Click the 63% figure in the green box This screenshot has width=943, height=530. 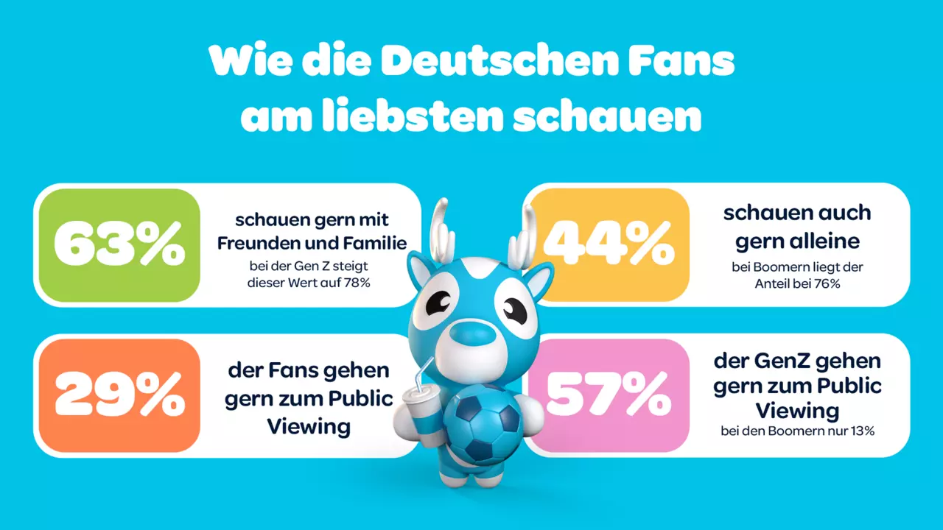click(119, 245)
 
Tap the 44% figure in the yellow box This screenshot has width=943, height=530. click(609, 244)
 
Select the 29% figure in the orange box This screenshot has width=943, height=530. click(120, 395)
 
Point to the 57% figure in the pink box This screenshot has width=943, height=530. click(609, 395)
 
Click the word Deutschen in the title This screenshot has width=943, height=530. click(499, 60)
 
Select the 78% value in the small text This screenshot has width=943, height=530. click(357, 283)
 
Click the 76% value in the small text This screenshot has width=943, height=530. click(827, 284)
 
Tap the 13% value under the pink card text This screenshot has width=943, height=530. click(861, 431)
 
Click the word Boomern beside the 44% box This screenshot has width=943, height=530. click(778, 267)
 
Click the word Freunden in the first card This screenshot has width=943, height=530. click(257, 243)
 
